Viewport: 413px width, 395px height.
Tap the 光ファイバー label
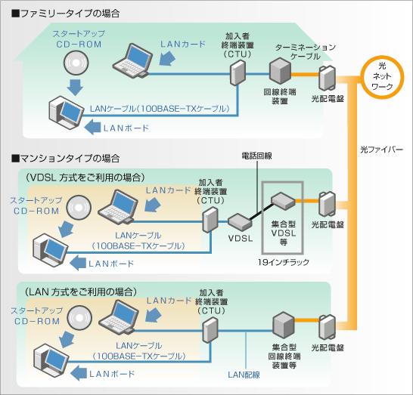pyautogui.click(x=381, y=150)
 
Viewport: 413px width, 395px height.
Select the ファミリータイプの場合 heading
pyautogui.click(x=66, y=14)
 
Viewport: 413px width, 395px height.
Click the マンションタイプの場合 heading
pyautogui.click(x=66, y=159)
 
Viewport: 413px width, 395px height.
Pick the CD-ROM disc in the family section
pyautogui.click(x=76, y=63)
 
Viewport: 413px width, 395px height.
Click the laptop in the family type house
pyautogui.click(x=132, y=61)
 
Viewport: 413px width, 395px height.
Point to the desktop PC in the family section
pyautogui.click(x=66, y=113)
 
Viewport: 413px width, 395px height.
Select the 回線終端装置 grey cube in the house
pyautogui.click(x=280, y=71)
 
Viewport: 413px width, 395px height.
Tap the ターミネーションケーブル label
pyautogui.click(x=306, y=52)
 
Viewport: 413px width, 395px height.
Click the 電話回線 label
pyautogui.click(x=257, y=156)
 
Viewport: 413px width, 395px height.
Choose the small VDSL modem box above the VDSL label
pyautogui.click(x=240, y=222)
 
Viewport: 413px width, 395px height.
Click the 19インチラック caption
pyautogui.click(x=284, y=262)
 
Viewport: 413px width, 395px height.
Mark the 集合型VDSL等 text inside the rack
pyautogui.click(x=284, y=233)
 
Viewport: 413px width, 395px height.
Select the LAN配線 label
pyautogui.click(x=244, y=375)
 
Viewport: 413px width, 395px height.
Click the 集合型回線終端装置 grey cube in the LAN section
pyautogui.click(x=284, y=326)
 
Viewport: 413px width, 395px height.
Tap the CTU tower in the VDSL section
pyautogui.click(x=210, y=220)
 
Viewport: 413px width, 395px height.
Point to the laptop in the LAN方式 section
pyautogui.click(x=119, y=317)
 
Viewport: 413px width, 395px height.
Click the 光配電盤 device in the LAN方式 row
pyautogui.click(x=328, y=328)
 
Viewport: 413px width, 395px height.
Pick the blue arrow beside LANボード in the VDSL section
pyautogui.click(x=78, y=263)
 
